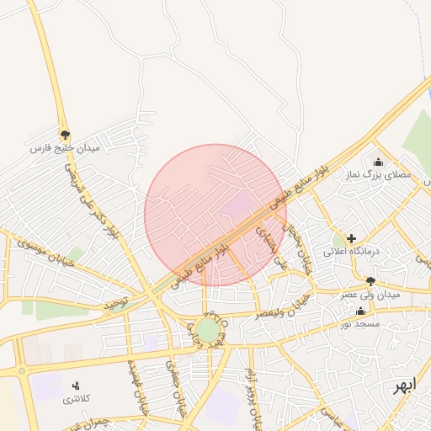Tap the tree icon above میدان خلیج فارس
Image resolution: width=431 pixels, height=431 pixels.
65,135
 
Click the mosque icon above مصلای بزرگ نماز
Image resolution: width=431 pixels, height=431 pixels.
377,162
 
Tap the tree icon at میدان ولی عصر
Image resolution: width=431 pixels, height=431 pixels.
370,281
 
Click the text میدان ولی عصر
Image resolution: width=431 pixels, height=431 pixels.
370,295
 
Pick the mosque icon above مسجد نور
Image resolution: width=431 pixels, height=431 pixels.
360,311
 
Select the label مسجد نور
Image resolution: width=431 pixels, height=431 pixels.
360,323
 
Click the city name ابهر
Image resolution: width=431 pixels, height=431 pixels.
403,386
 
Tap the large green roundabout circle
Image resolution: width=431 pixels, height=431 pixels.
206,329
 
